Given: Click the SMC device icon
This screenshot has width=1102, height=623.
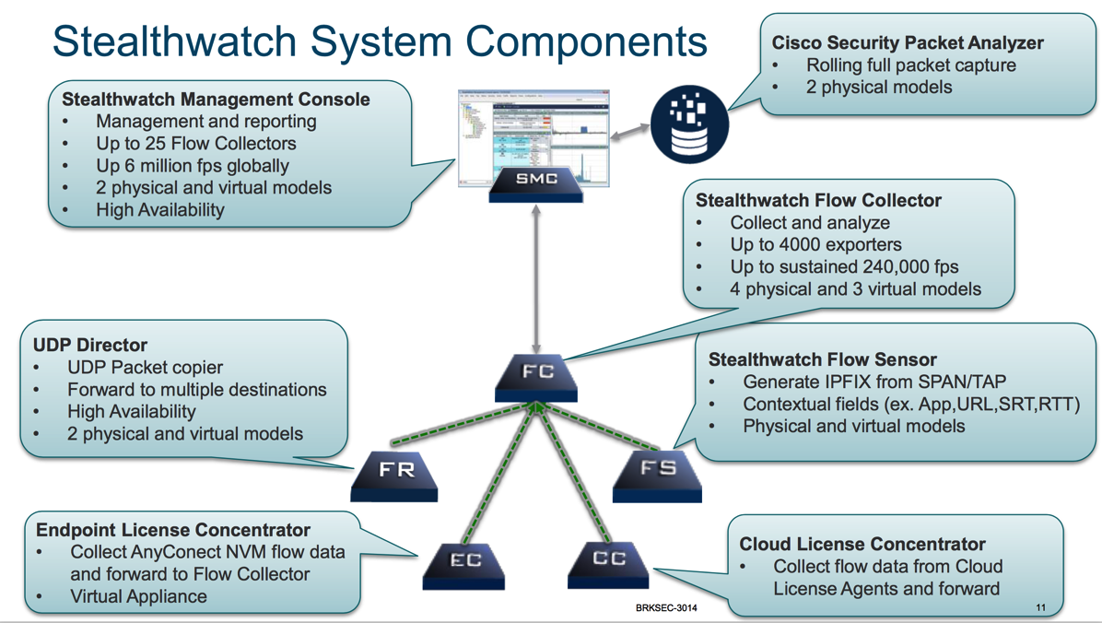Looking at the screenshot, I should point(535,182).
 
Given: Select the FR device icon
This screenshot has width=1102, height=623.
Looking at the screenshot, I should point(395,474).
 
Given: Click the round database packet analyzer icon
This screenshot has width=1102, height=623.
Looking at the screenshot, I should point(690,121).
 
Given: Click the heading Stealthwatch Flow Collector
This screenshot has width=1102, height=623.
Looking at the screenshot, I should point(818,200).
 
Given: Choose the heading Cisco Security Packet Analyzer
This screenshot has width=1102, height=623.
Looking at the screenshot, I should point(908,42).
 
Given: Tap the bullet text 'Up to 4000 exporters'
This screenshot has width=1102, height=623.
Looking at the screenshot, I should point(815,245).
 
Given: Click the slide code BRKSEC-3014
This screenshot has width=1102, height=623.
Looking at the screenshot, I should point(666,608).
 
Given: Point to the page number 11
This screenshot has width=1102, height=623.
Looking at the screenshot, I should point(1041,607).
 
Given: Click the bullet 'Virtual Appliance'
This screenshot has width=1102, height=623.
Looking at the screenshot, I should point(138,596).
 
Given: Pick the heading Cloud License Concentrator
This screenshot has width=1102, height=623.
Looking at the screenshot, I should point(862,544).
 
